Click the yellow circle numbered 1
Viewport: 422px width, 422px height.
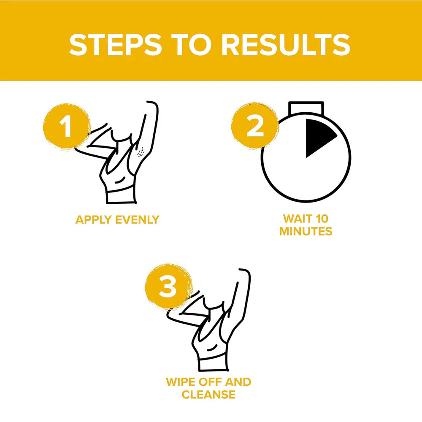click(x=67, y=126)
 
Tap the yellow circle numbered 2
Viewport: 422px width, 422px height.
click(x=254, y=125)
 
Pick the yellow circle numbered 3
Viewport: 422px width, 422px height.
click(x=168, y=286)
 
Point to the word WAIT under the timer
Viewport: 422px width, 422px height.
click(x=298, y=219)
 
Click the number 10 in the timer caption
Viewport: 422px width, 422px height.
click(x=322, y=219)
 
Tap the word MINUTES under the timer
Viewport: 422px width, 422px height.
click(x=306, y=231)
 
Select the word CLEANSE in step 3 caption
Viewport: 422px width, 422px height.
click(x=208, y=395)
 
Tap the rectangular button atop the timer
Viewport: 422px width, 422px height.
click(x=306, y=109)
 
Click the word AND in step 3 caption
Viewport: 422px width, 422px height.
click(x=238, y=382)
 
